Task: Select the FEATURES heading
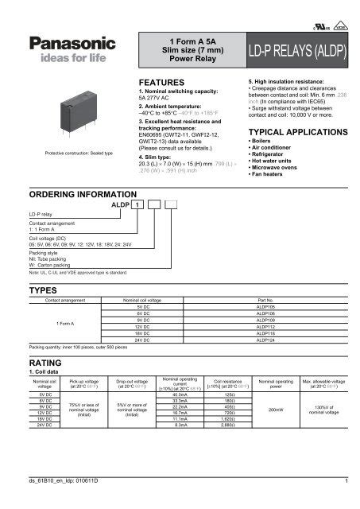(161, 82)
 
